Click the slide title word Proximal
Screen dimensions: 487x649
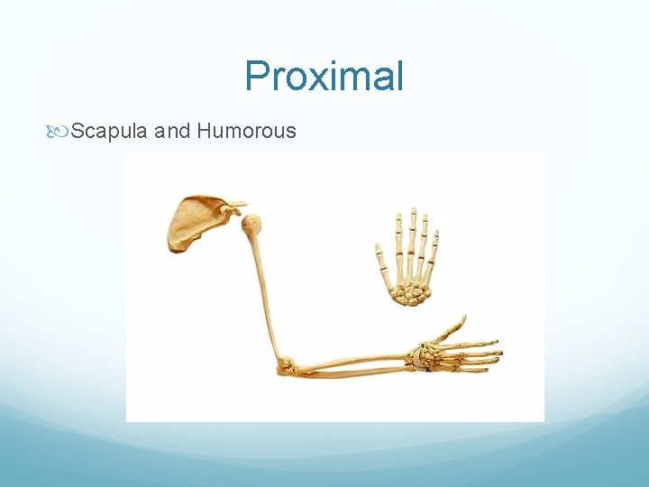324,78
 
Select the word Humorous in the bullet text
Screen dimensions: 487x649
246,132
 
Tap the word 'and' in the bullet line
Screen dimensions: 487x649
172,132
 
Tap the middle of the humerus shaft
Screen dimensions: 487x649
265,289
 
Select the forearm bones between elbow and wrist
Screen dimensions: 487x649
352,365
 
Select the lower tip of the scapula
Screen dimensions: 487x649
171,244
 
